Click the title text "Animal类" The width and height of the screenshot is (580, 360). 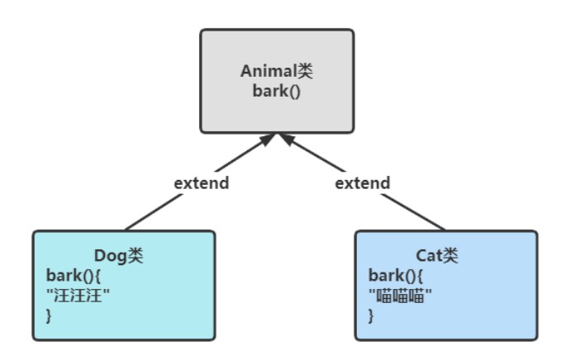(x=277, y=71)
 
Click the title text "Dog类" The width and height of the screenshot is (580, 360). (x=118, y=257)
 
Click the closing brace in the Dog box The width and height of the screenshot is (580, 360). (x=48, y=315)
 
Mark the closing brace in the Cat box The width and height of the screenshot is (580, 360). (x=371, y=315)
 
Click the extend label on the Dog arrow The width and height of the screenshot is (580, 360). (x=201, y=182)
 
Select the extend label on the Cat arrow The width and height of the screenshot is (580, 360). (x=362, y=182)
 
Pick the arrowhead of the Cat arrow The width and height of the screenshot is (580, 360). (x=288, y=140)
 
